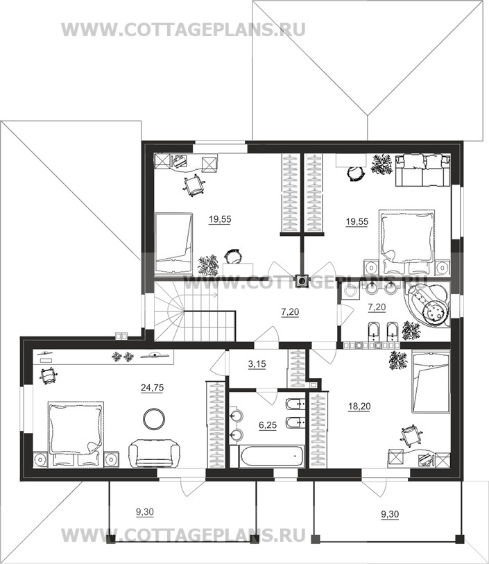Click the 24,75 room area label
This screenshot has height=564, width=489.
click(x=152, y=388)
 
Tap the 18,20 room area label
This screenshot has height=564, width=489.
click(x=359, y=407)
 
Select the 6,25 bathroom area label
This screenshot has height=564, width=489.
click(x=268, y=425)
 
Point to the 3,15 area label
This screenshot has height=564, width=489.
click(x=257, y=364)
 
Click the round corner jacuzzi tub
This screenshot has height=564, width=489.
click(x=428, y=305)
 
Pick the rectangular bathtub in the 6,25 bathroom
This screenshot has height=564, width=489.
click(x=271, y=456)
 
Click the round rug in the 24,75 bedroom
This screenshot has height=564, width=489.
click(x=154, y=418)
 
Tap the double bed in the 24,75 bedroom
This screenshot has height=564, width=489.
click(x=76, y=434)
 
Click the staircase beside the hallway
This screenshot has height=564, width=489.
click(x=194, y=311)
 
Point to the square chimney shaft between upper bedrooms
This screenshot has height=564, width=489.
click(x=301, y=281)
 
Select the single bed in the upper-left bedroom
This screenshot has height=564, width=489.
click(x=173, y=244)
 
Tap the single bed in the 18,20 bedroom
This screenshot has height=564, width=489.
click(x=431, y=382)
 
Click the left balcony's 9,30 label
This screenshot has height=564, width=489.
click(x=144, y=512)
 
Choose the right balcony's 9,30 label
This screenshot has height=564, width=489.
click(x=390, y=515)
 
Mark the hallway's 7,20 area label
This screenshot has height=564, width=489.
click(x=290, y=312)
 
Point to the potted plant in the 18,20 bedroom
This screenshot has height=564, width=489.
click(x=397, y=360)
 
